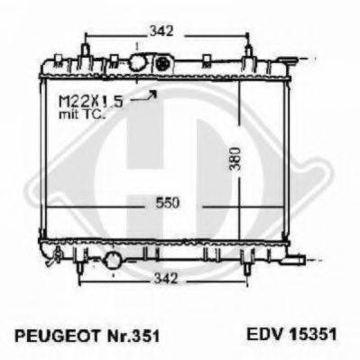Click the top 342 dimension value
click(x=162, y=31)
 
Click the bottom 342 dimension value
click(x=166, y=279)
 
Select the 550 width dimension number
click(x=168, y=203)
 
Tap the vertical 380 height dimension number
click(x=235, y=159)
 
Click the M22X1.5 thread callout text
click(x=91, y=101)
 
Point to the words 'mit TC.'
click(x=82, y=115)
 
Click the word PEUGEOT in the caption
click(x=57, y=336)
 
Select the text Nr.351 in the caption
click(x=134, y=336)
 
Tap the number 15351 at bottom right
click(x=312, y=334)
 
